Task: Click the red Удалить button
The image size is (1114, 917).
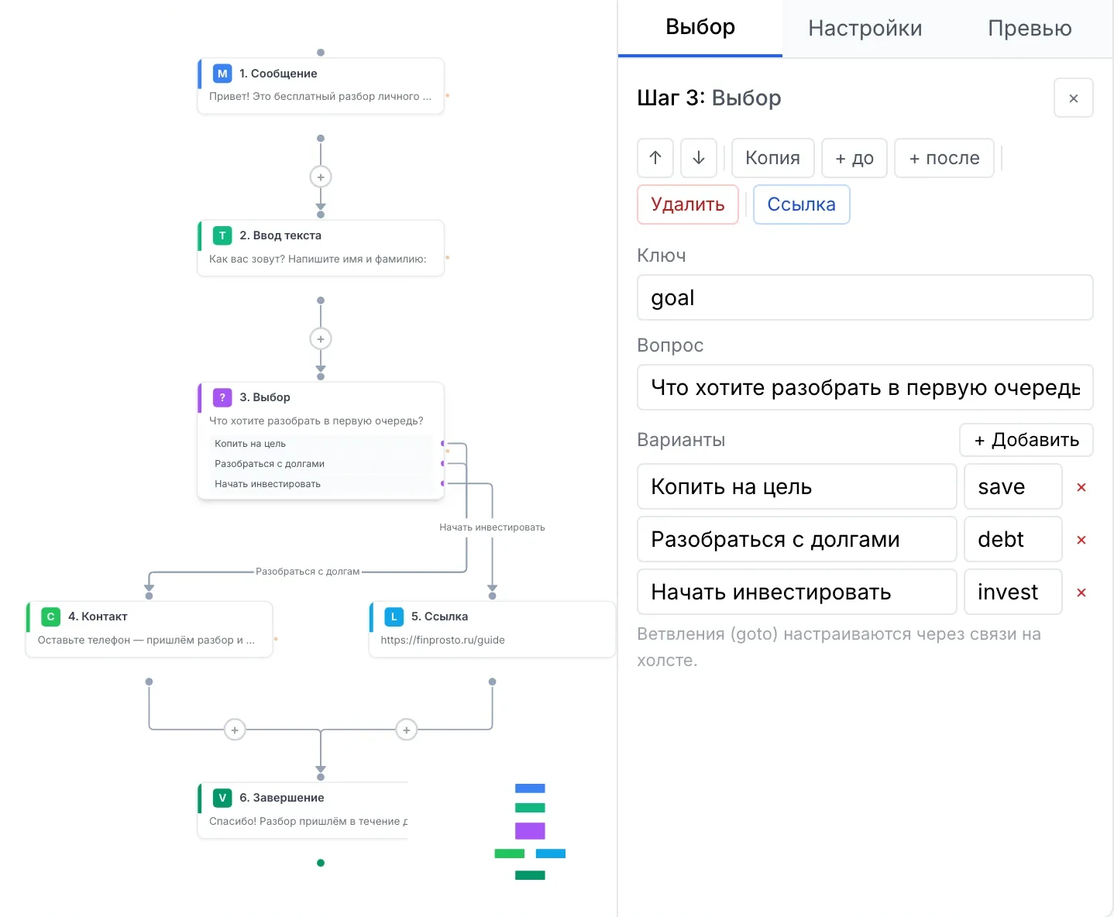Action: coord(687,204)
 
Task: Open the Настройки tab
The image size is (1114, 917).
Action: coord(865,28)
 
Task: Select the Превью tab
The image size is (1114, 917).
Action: coord(1030,28)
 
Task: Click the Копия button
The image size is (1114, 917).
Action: coord(772,158)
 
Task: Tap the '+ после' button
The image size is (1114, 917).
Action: coord(944,158)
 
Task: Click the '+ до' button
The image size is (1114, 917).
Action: coord(854,158)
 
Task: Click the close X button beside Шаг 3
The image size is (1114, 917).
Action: coord(1073,98)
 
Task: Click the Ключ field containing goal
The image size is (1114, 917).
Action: coord(865,297)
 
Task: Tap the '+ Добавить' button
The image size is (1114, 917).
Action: coord(1026,439)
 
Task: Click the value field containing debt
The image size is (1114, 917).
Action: coord(1013,539)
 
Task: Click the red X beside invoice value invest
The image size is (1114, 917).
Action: coord(1081,592)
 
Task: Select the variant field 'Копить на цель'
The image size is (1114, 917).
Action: coord(796,486)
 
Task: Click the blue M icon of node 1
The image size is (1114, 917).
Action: coord(222,74)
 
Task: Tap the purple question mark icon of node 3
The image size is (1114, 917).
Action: coord(222,397)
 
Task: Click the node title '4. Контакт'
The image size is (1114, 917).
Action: coord(98,616)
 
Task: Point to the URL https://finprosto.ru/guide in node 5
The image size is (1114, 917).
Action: coord(442,640)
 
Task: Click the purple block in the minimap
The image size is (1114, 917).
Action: coord(530,830)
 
